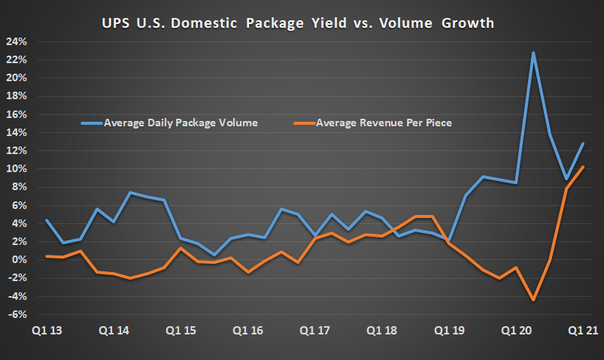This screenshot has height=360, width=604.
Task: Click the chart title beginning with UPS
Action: [298, 23]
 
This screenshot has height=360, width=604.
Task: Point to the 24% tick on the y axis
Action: [16, 41]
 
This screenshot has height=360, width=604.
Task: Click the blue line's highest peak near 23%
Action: [533, 53]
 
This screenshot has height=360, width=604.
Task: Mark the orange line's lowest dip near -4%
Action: [533, 300]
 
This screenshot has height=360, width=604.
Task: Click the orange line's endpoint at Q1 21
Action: [583, 167]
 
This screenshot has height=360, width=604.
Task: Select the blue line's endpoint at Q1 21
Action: [583, 144]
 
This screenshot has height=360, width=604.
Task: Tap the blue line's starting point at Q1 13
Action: [47, 220]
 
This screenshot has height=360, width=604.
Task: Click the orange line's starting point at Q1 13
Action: [47, 256]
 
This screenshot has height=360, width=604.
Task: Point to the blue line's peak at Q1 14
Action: [130, 193]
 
